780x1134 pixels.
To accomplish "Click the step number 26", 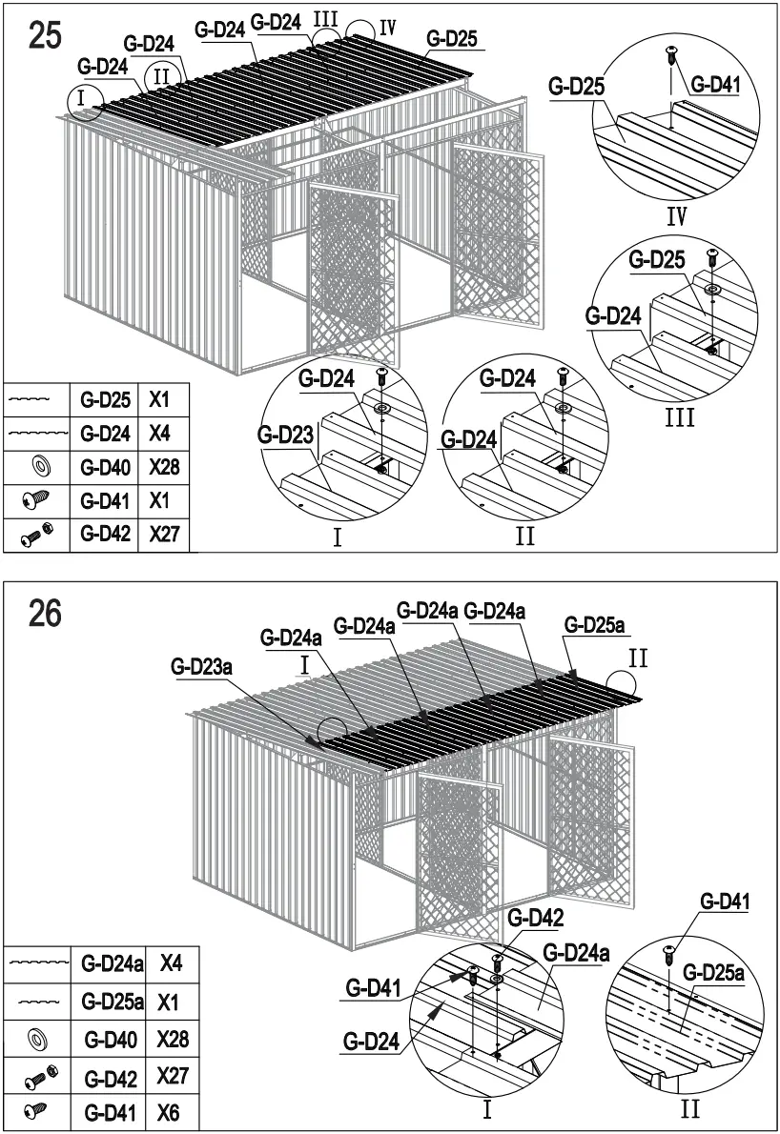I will coord(46,614).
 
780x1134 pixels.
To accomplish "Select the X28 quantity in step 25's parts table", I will coord(164,466).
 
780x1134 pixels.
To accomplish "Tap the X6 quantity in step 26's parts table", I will coord(172,1112).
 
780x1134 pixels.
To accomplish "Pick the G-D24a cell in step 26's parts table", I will coord(112,964).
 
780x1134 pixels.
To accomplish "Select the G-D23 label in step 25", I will coord(284,435).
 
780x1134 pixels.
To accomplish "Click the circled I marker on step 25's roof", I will coord(83,97).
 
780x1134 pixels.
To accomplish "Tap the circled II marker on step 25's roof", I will coord(160,75).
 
